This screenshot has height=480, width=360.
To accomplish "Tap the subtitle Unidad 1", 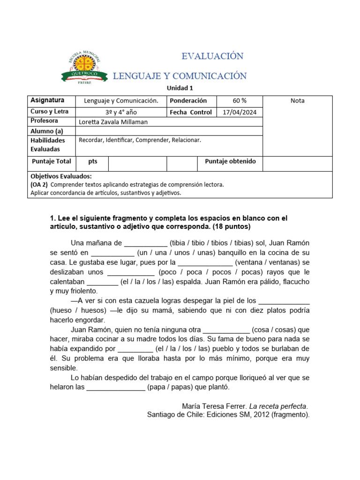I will [x=180, y=88].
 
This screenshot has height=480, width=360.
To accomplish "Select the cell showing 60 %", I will [x=240, y=101].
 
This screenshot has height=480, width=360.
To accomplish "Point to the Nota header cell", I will [x=297, y=101].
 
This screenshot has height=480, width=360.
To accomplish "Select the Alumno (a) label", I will [x=46, y=131].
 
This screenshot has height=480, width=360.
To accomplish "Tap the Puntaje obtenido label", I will [x=230, y=161].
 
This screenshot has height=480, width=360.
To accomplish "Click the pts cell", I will [x=92, y=161].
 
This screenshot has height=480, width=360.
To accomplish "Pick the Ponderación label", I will [x=188, y=101].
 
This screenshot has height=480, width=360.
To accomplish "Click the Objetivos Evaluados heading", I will [x=61, y=176].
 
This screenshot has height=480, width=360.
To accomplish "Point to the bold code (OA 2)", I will [x=39, y=185].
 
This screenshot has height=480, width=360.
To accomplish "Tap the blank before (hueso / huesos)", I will [x=284, y=301].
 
